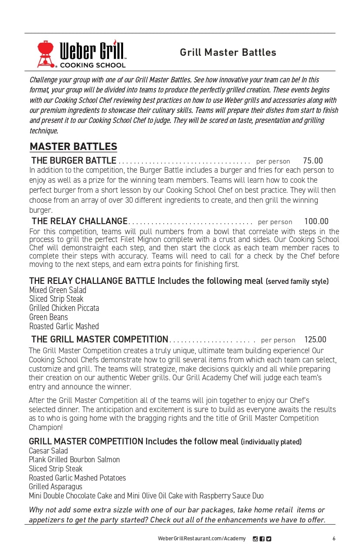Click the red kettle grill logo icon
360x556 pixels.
click(45, 53)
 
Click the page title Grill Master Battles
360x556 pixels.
click(228, 52)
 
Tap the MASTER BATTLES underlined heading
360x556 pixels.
click(73, 147)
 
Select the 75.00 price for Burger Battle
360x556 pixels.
click(313, 161)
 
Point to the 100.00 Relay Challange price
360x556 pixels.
click(316, 222)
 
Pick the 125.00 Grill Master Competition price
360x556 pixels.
click(315, 340)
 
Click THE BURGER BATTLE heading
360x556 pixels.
click(74, 161)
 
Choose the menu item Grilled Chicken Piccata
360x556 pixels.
click(64, 308)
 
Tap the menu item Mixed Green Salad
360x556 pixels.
click(58, 290)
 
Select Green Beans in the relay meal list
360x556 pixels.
click(48, 317)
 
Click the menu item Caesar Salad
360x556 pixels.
click(48, 451)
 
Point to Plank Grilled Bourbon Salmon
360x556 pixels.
click(74, 460)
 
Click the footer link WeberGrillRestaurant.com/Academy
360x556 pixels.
click(202, 539)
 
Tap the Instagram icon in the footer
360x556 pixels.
click(255, 539)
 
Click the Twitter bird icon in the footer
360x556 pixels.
click(269, 539)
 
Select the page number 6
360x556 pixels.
click(334, 539)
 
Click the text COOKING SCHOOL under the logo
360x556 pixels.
click(93, 65)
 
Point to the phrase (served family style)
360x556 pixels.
click(297, 282)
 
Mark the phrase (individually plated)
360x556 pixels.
click(271, 442)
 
